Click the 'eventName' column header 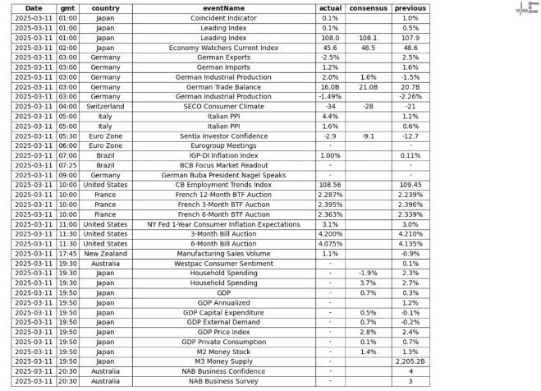tap(213, 8)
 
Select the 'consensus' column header tap(367, 8)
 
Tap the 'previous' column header tap(410, 8)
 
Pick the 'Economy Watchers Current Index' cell tap(213, 48)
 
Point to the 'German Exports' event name tap(213, 57)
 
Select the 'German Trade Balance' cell tap(213, 86)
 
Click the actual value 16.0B tap(330, 86)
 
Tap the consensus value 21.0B tap(367, 86)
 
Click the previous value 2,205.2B tap(410, 361)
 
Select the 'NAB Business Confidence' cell tap(213, 371)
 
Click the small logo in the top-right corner tap(526, 9)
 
